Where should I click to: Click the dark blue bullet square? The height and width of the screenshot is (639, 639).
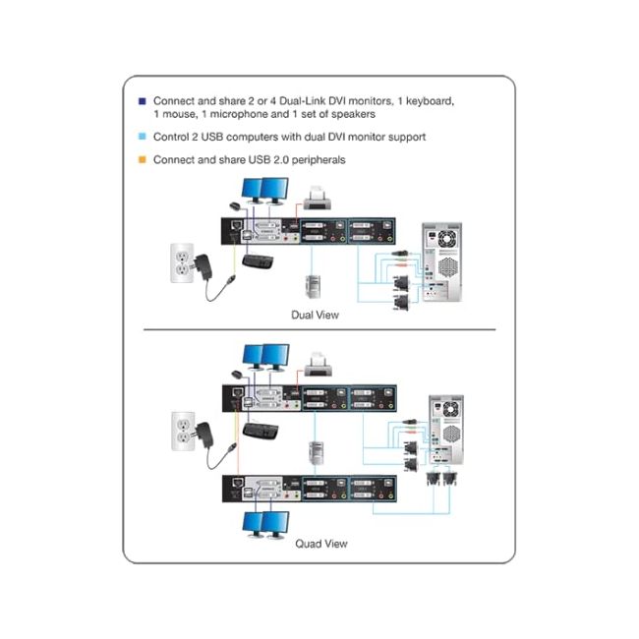point(143,100)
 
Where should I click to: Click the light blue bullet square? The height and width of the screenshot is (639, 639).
point(143,138)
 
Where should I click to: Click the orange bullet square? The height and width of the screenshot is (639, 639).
point(143,158)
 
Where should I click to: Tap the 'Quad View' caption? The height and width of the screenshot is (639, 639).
point(320,543)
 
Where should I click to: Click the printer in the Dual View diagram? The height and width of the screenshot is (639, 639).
point(318,203)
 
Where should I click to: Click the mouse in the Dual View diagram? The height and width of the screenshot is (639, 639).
point(236,205)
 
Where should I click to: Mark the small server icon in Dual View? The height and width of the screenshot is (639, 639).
point(313,288)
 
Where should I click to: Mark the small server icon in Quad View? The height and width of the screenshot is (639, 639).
point(314,453)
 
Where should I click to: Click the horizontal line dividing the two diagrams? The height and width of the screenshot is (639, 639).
point(319,331)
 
